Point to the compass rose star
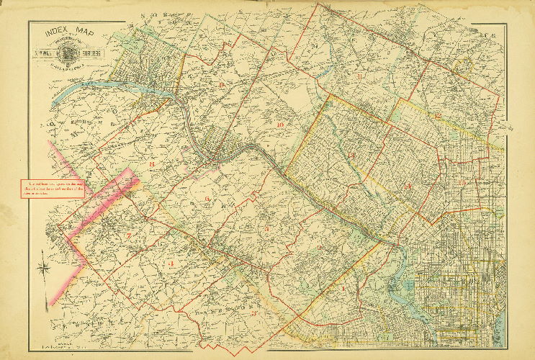(x=45, y=271)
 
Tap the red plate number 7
(x=128, y=235)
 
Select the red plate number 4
(x=172, y=264)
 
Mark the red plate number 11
(x=358, y=76)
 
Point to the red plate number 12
(x=437, y=115)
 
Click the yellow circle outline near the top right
(x=462, y=66)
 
